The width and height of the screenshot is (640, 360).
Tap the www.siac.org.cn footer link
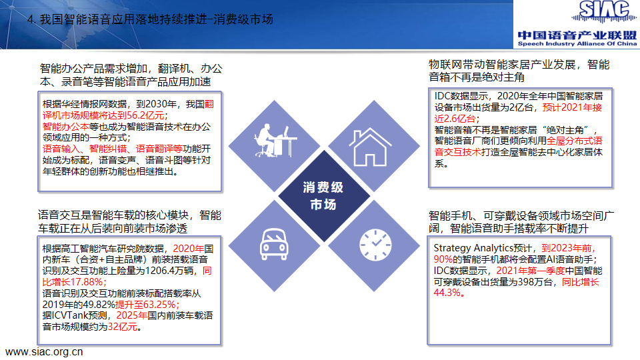point(44,352)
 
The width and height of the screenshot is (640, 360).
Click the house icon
point(370,147)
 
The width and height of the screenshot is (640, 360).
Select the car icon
point(274,244)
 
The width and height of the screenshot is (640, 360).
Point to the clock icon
point(375,245)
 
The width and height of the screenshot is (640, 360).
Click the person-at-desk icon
point(275,141)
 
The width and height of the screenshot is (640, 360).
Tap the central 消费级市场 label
point(323,195)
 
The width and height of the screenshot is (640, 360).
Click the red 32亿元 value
point(123,327)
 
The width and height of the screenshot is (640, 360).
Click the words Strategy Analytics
point(473,248)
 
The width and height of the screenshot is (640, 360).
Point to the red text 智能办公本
point(66,127)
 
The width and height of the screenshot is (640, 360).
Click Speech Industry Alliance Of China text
point(577,44)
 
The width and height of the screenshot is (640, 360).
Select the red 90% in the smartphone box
point(443,259)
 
